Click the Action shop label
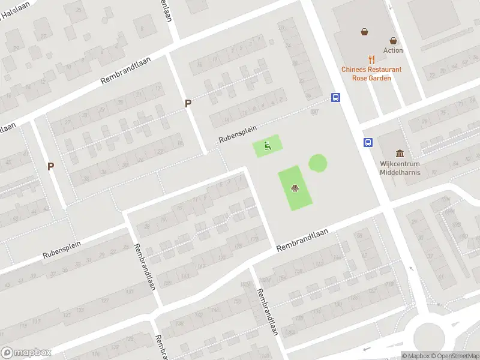[x=393, y=50]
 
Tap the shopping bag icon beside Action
[x=393, y=41]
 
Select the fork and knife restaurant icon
[x=372, y=59]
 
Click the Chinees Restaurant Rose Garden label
[x=371, y=74]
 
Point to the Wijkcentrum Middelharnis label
[x=400, y=168]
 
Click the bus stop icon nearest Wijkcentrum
[x=367, y=142]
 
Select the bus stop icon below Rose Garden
[x=336, y=97]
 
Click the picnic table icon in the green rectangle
[x=295, y=188]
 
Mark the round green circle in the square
[x=318, y=163]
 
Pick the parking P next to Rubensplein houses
[x=188, y=103]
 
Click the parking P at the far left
[x=51, y=166]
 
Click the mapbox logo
[x=26, y=353]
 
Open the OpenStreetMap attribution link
[x=455, y=356]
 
